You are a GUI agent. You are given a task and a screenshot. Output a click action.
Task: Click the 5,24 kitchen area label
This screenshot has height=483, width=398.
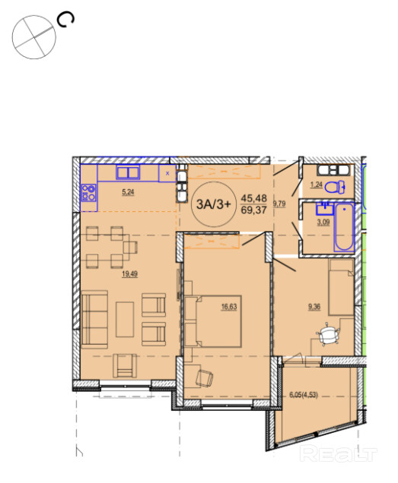128,192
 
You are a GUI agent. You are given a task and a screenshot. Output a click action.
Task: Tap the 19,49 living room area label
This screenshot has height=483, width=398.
129,274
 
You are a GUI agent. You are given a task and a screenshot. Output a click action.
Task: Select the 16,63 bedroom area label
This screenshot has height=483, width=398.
229,307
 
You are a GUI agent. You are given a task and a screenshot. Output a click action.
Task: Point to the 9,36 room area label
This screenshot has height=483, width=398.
314,307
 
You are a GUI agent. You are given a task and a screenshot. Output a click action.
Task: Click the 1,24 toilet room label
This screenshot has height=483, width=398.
316,185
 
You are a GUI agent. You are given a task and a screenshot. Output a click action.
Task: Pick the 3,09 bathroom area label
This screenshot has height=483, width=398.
323,222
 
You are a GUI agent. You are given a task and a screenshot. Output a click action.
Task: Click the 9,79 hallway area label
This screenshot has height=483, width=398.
279,204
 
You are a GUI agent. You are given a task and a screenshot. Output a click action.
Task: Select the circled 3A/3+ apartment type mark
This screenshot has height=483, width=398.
214,204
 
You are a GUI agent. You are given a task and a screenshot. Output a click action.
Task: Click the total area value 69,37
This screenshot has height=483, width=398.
254,210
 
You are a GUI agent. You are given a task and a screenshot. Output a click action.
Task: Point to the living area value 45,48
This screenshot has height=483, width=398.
254,197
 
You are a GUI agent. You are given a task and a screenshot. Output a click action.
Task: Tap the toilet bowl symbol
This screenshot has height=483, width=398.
335,187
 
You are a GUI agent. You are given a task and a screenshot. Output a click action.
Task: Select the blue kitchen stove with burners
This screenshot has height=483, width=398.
88,193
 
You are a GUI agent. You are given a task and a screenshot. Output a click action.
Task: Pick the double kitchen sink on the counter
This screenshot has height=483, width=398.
128,172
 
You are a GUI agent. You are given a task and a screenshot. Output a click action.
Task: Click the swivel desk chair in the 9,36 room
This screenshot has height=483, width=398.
327,334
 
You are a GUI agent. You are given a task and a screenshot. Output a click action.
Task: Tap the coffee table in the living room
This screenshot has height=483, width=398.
125,320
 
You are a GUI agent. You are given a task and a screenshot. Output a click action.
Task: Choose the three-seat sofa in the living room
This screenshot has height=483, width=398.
94,320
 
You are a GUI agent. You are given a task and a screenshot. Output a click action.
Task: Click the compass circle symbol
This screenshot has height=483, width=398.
34,37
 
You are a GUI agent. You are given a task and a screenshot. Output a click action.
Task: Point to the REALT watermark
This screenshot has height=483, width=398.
338,454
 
